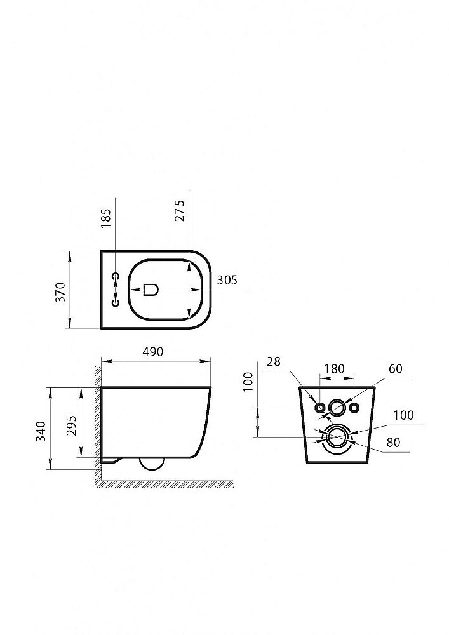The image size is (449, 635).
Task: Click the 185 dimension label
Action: [105, 218]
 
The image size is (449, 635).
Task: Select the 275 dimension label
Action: [179, 210]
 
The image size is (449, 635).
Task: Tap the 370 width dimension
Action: [60, 292]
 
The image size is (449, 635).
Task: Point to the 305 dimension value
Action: [227, 280]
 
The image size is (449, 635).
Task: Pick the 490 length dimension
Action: [153, 352]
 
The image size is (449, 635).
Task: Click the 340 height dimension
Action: [41, 431]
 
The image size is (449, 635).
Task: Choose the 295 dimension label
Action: [71, 425]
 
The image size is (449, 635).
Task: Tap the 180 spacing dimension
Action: [335, 368]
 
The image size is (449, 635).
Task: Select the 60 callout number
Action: [396, 368]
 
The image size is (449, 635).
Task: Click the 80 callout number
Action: [393, 442]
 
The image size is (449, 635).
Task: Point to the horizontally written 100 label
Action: [403, 415]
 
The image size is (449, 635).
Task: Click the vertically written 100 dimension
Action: [248, 381]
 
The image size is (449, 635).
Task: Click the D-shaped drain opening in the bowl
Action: [151, 290]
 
